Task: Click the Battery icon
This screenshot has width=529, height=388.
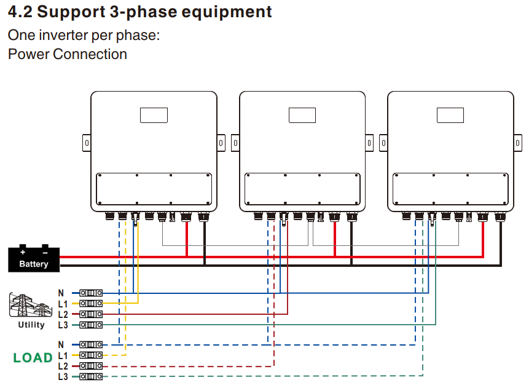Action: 33,259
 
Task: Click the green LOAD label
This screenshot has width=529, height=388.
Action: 33,358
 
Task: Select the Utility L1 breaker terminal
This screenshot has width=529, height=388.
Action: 91,303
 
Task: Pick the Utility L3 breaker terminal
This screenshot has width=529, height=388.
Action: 91,324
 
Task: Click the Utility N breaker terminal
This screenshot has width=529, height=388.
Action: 91,293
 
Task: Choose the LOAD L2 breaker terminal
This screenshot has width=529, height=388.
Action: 91,366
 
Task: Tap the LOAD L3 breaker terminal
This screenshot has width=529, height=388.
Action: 91,376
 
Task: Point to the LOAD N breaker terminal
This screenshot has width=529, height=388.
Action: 91,345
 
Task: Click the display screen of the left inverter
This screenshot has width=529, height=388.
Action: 154,115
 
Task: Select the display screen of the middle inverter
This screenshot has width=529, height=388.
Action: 302,115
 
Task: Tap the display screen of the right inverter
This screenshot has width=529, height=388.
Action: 450,115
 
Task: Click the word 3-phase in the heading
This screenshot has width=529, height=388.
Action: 131,12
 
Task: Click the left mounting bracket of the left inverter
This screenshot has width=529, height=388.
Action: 87,143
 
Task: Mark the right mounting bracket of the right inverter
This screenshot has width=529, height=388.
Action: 518,143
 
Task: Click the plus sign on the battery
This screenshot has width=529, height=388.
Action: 23,251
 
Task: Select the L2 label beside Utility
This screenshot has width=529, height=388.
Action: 63,314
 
